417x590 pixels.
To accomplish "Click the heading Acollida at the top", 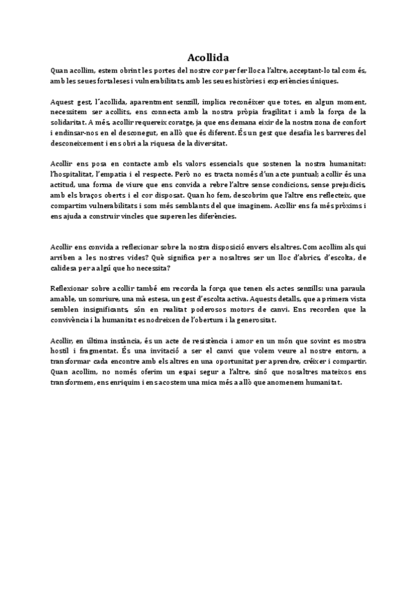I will [208, 58].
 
